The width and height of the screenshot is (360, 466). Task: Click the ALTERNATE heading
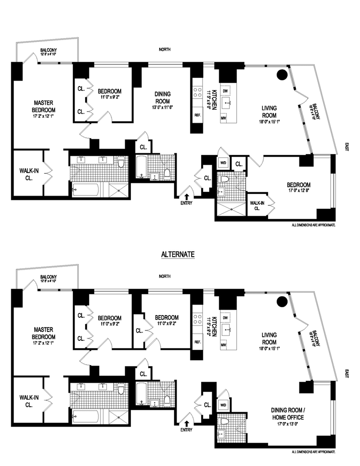click(x=177, y=254)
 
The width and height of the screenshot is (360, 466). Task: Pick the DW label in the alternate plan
click(x=224, y=318)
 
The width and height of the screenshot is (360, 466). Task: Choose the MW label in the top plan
click(x=224, y=118)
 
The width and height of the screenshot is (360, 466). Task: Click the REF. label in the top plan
click(x=198, y=115)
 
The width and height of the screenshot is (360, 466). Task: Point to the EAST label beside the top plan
click(x=346, y=147)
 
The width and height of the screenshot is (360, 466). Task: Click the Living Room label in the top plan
click(x=270, y=112)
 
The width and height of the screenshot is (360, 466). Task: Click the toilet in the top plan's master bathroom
click(x=120, y=162)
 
